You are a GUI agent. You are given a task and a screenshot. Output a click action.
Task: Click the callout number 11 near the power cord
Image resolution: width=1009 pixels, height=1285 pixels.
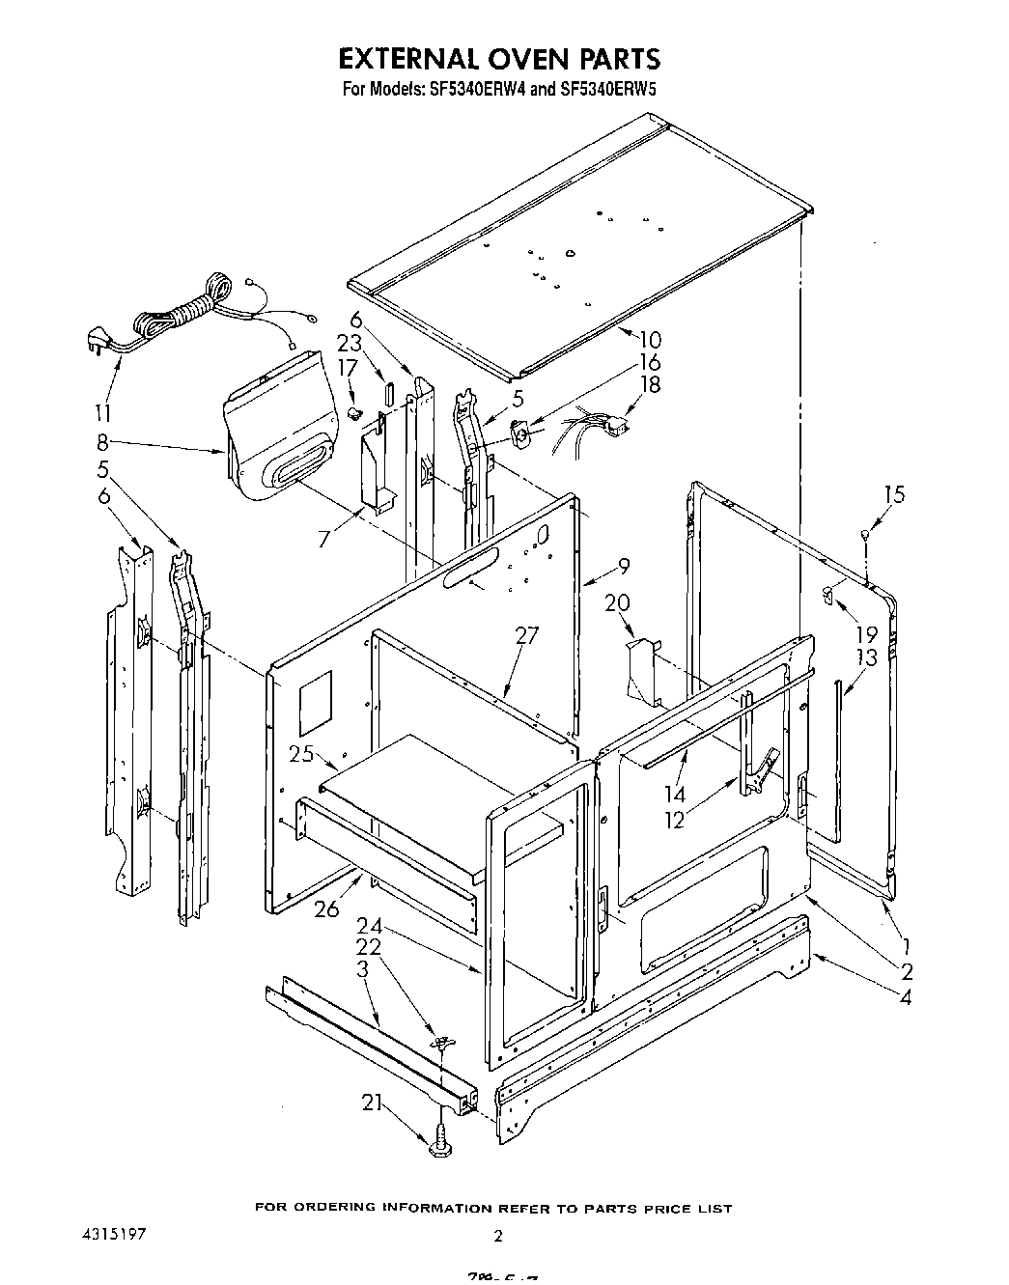click(x=102, y=413)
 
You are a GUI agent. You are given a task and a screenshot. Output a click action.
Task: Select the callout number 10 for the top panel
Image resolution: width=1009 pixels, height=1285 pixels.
click(x=649, y=340)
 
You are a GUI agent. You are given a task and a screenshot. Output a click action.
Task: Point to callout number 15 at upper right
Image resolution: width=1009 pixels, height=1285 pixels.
click(x=894, y=494)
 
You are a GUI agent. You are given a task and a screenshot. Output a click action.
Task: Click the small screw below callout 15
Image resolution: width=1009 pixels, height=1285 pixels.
click(x=866, y=534)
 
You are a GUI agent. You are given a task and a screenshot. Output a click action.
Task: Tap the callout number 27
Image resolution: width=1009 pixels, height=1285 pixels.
click(x=526, y=635)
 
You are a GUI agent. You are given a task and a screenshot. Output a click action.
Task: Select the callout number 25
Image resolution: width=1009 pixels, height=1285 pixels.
click(x=302, y=754)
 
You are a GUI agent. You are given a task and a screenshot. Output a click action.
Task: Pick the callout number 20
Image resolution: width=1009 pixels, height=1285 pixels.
click(x=617, y=603)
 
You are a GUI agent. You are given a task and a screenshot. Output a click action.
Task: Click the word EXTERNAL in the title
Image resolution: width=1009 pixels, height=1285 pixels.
click(x=406, y=59)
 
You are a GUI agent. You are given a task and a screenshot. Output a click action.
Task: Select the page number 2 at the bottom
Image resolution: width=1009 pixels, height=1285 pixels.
click(x=497, y=1235)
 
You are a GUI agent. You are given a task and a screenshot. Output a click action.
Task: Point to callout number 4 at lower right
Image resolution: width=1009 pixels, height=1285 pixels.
click(x=905, y=996)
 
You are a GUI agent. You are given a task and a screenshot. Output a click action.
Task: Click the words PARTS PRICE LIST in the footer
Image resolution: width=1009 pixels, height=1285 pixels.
click(x=669, y=1208)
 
